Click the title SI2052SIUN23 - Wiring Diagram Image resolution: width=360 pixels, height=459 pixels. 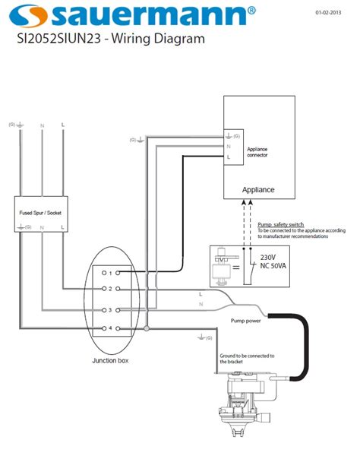pyautogui.click(x=112, y=38)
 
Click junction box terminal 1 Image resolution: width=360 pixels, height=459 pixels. pyautogui.click(x=110, y=272)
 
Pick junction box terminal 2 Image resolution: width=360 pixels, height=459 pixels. pyautogui.click(x=110, y=290)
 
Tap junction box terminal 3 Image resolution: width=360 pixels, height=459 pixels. pyautogui.click(x=110, y=310)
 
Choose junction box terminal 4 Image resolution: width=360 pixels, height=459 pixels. pyautogui.click(x=110, y=328)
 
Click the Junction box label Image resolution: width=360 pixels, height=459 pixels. pyautogui.click(x=110, y=359)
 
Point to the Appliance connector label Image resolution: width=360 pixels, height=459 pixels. pyautogui.click(x=257, y=152)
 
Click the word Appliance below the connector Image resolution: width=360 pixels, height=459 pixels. pyautogui.click(x=257, y=189)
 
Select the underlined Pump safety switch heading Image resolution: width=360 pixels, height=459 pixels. pyautogui.click(x=281, y=226)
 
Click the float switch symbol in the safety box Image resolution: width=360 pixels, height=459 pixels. pyautogui.click(x=226, y=263)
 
